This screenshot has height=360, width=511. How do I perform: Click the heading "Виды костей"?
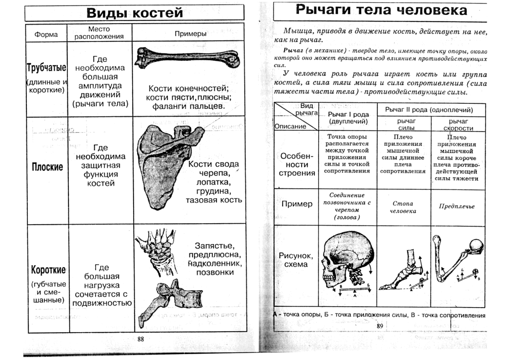click(134, 12)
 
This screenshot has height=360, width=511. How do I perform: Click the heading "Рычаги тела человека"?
click(381, 10)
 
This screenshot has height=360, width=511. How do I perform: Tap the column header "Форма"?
click(46, 34)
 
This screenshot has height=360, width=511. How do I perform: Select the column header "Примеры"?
click(191, 34)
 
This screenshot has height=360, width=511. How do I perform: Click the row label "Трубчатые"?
click(46, 68)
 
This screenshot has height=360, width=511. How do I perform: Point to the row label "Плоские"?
click(47, 167)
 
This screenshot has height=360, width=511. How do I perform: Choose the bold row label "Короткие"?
click(46, 269)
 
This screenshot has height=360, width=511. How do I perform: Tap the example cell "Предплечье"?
click(456, 206)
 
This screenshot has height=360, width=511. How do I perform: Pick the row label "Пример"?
click(297, 204)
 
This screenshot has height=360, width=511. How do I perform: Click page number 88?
click(140, 339)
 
